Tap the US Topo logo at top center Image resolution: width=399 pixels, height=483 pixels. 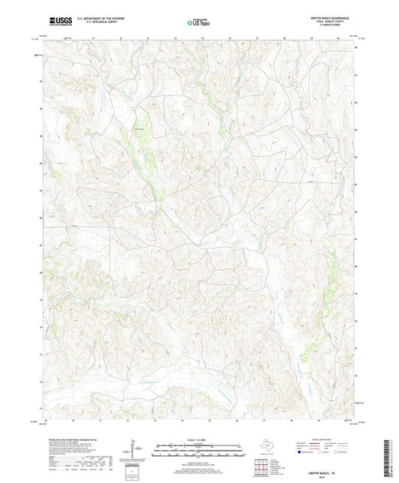(198, 23)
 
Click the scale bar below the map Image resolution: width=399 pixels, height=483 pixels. (198, 450)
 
